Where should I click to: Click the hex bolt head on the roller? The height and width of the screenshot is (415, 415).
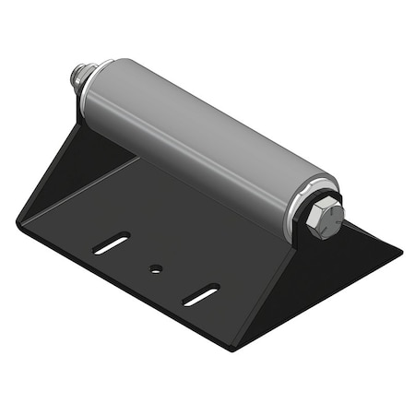coord(326,219)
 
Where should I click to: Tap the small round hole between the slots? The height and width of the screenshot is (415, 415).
coord(155,269)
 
